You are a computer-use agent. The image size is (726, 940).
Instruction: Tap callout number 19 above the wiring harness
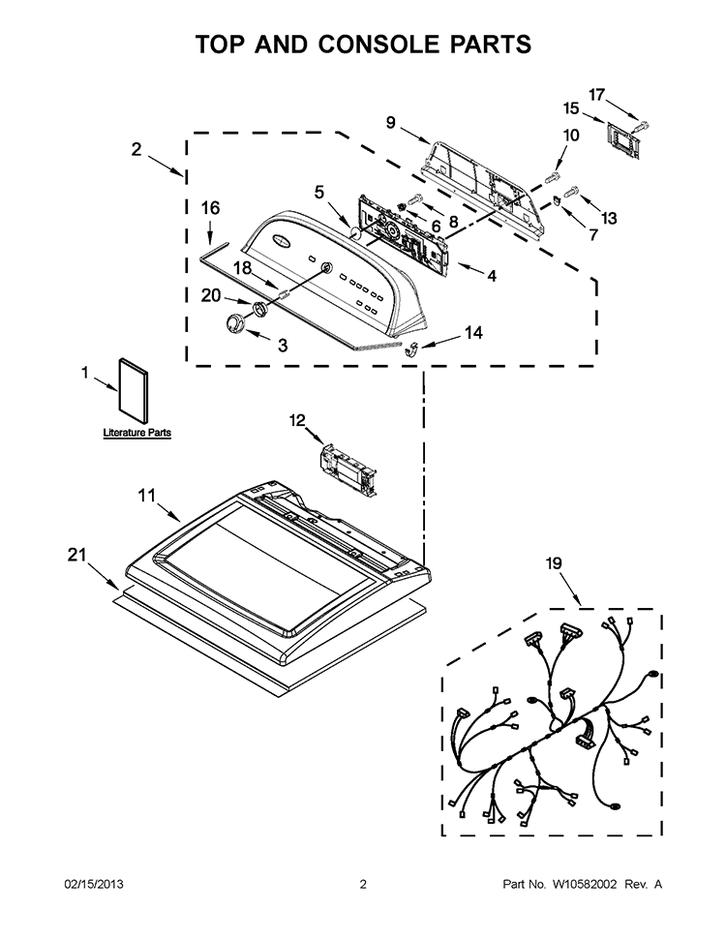[554, 562]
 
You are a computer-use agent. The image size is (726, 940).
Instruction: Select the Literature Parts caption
[137, 432]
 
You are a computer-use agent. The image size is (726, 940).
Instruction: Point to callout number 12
[297, 420]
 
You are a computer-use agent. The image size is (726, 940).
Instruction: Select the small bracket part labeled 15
[621, 141]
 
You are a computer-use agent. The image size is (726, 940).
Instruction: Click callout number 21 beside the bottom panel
[76, 555]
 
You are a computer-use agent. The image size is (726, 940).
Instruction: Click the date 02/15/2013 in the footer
[94, 884]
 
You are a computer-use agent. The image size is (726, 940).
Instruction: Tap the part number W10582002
[589, 884]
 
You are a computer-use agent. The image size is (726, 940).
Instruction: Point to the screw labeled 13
[572, 192]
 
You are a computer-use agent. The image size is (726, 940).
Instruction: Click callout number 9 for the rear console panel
[390, 123]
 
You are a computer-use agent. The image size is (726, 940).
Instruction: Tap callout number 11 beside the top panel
[146, 496]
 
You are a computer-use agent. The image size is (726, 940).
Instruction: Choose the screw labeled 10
[553, 177]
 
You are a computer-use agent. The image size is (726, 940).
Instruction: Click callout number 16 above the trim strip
[210, 208]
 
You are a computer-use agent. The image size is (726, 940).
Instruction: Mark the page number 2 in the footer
[363, 884]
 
